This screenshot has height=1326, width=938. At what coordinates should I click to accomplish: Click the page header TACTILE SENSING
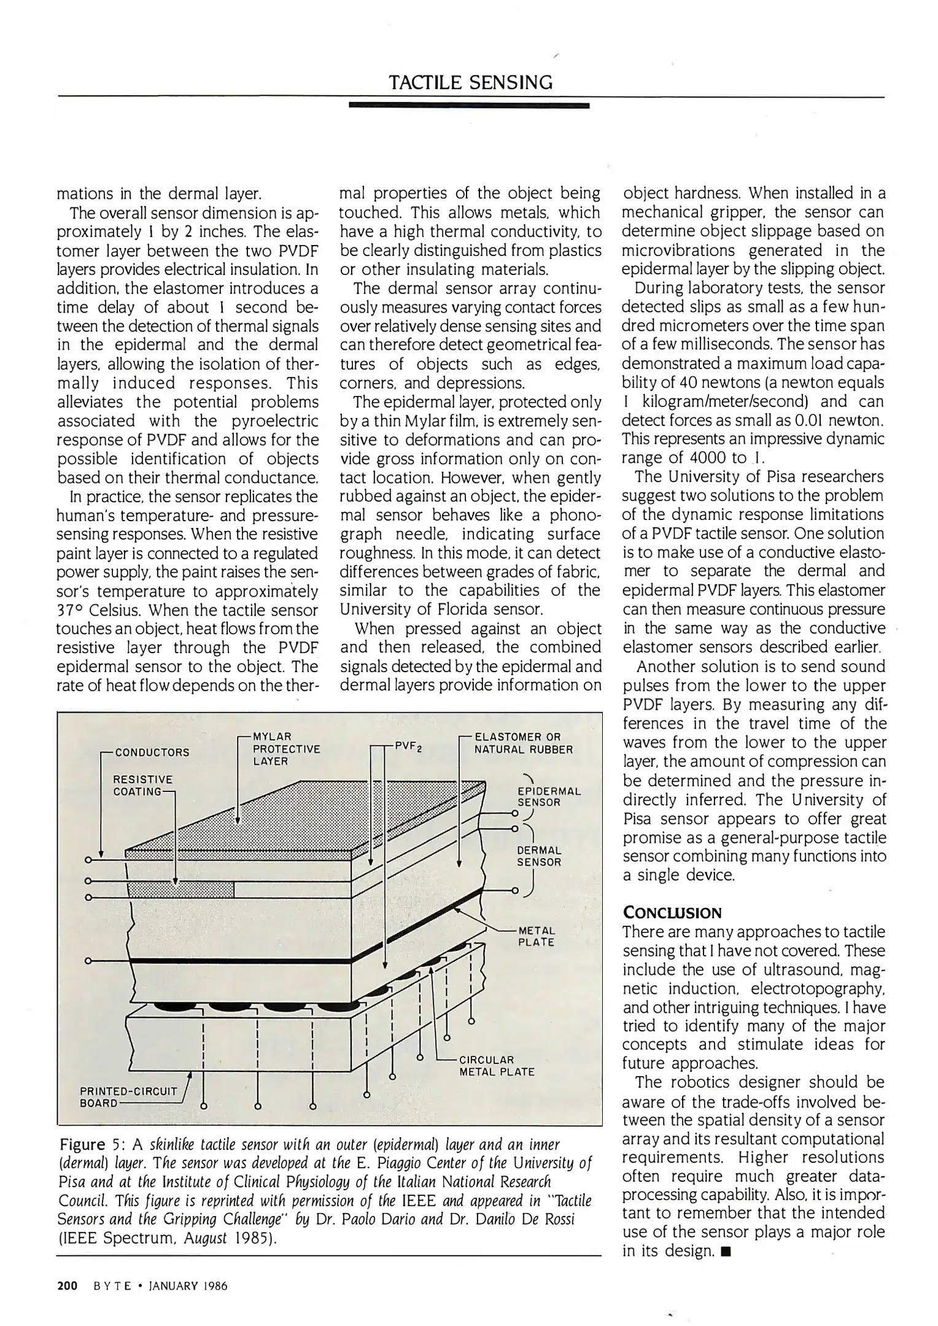coord(471,82)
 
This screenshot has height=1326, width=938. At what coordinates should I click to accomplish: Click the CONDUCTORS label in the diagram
coord(152,752)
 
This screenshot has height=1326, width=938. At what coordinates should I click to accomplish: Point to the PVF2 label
coord(405,746)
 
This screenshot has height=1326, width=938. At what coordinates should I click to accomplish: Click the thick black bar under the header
coord(468,106)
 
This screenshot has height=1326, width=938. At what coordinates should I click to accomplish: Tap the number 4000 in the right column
coord(710,458)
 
